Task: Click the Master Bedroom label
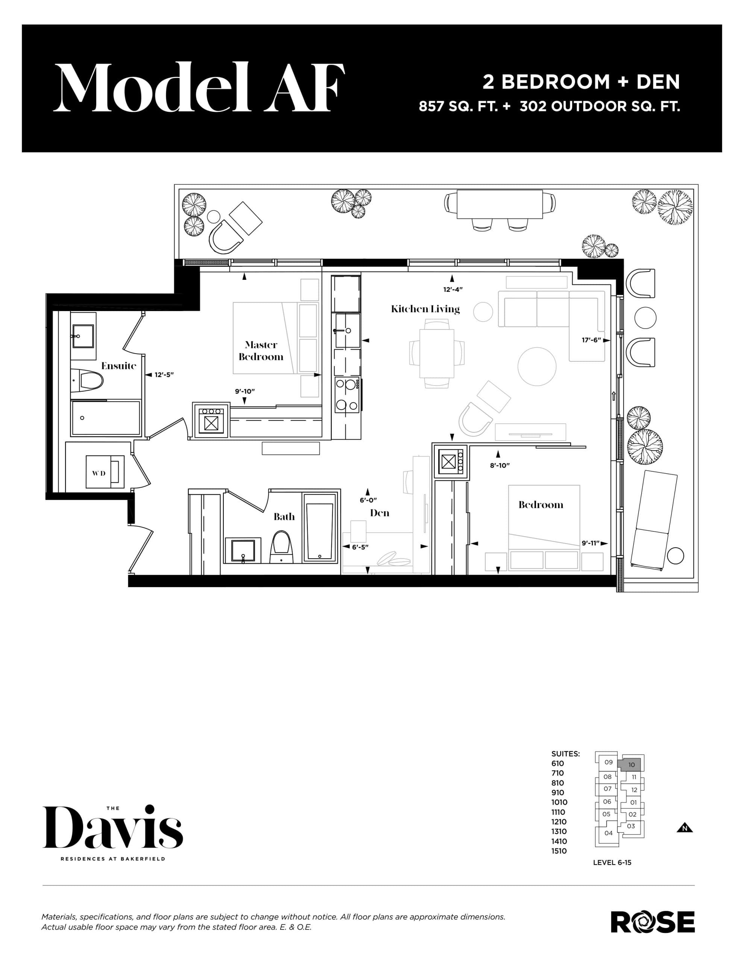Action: [261, 351]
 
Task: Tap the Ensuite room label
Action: [118, 366]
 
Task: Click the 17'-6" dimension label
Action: [591, 340]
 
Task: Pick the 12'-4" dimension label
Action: [452, 290]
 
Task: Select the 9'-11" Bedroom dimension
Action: [590, 543]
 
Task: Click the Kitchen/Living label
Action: [425, 309]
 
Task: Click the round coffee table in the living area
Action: [537, 366]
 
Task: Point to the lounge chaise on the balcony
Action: [654, 519]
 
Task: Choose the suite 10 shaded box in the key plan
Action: [631, 765]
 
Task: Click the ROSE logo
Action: [652, 922]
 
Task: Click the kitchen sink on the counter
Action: [347, 330]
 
